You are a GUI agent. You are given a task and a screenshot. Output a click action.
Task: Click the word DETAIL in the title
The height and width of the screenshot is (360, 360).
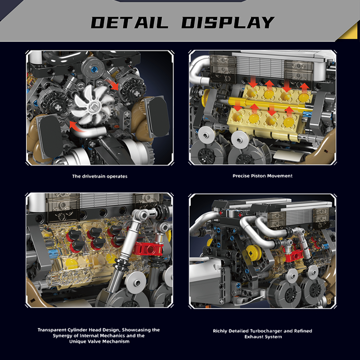click(x=130, y=22)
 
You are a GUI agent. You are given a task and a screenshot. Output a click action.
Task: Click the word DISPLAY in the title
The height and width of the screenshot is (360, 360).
click(x=228, y=22)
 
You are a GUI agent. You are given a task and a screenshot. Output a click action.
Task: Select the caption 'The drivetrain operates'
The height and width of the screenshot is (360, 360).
click(x=99, y=176)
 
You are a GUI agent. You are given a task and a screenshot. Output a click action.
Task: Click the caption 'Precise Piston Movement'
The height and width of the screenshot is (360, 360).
click(x=262, y=176)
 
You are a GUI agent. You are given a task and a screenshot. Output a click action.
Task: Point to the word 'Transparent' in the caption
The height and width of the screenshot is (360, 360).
click(x=52, y=330)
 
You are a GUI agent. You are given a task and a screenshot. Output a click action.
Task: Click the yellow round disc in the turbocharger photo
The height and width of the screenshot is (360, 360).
click(x=253, y=253)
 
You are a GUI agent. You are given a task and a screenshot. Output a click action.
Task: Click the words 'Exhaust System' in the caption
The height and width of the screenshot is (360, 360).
click(x=263, y=337)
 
